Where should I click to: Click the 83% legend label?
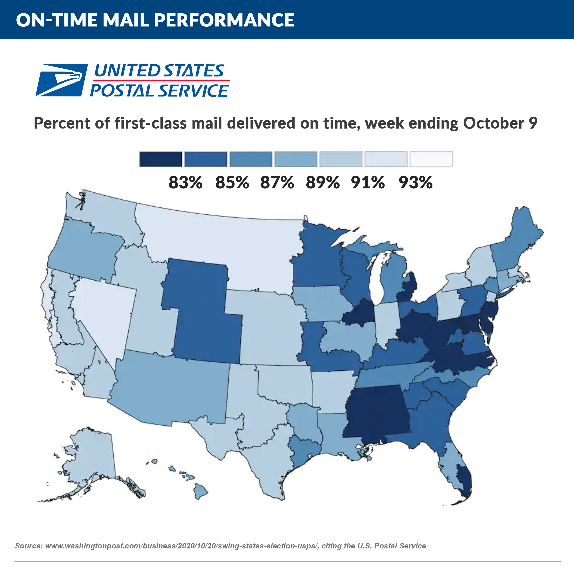[185, 182]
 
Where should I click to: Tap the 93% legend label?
[416, 182]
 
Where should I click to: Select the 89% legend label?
[323, 182]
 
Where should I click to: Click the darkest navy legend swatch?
[161, 159]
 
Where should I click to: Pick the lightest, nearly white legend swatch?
[431, 159]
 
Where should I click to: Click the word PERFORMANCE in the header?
[224, 20]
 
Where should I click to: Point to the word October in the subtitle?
[493, 123]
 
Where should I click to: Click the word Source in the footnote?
[28, 546]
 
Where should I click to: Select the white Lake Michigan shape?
[376, 280]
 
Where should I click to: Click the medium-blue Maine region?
[518, 236]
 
